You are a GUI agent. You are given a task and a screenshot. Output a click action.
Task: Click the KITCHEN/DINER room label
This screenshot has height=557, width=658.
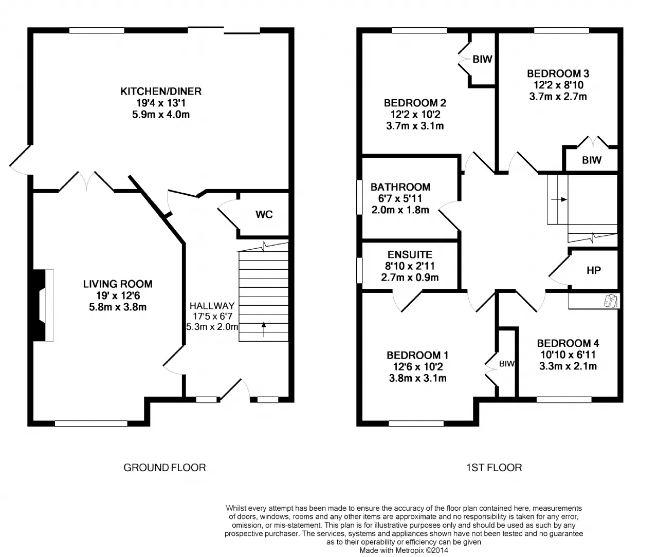point(161,91)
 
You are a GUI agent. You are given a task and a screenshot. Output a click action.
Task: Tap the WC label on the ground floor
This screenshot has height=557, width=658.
point(264,214)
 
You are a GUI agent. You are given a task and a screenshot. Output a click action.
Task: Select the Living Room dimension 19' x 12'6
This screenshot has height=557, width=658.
point(118,295)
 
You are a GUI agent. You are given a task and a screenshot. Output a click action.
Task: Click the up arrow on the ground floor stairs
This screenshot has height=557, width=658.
point(264,329)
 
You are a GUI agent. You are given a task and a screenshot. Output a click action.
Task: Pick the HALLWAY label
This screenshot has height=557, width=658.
point(212,306)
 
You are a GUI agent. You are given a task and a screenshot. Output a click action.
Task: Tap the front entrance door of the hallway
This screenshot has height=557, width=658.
point(234,389)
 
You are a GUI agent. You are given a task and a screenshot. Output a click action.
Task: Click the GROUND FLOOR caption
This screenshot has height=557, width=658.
point(164,468)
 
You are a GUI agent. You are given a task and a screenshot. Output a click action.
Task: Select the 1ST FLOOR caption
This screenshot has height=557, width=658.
point(494,468)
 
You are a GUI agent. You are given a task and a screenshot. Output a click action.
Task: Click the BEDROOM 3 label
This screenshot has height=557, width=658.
point(558,73)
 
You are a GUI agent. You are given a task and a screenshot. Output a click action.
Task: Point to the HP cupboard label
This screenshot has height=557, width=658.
point(594,271)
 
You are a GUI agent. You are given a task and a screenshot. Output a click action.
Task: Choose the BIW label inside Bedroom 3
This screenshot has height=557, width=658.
point(592,160)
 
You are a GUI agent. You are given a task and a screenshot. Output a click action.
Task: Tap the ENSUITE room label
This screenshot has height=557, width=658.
point(410,255)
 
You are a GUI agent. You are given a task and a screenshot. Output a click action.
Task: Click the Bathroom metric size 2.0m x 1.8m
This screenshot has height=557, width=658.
point(400,210)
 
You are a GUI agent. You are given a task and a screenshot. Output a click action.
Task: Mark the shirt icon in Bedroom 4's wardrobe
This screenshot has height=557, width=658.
point(611,301)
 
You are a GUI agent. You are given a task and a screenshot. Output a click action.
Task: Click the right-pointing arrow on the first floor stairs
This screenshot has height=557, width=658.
point(559,199)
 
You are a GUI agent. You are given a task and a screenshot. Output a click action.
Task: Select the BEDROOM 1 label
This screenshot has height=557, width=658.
point(417,355)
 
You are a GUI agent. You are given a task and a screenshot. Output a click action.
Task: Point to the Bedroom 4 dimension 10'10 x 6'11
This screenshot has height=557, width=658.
point(568,355)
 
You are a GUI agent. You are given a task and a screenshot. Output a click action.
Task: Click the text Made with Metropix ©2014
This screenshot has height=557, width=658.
point(404,550)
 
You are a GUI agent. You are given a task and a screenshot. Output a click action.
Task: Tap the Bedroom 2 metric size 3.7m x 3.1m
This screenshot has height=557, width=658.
point(415,126)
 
